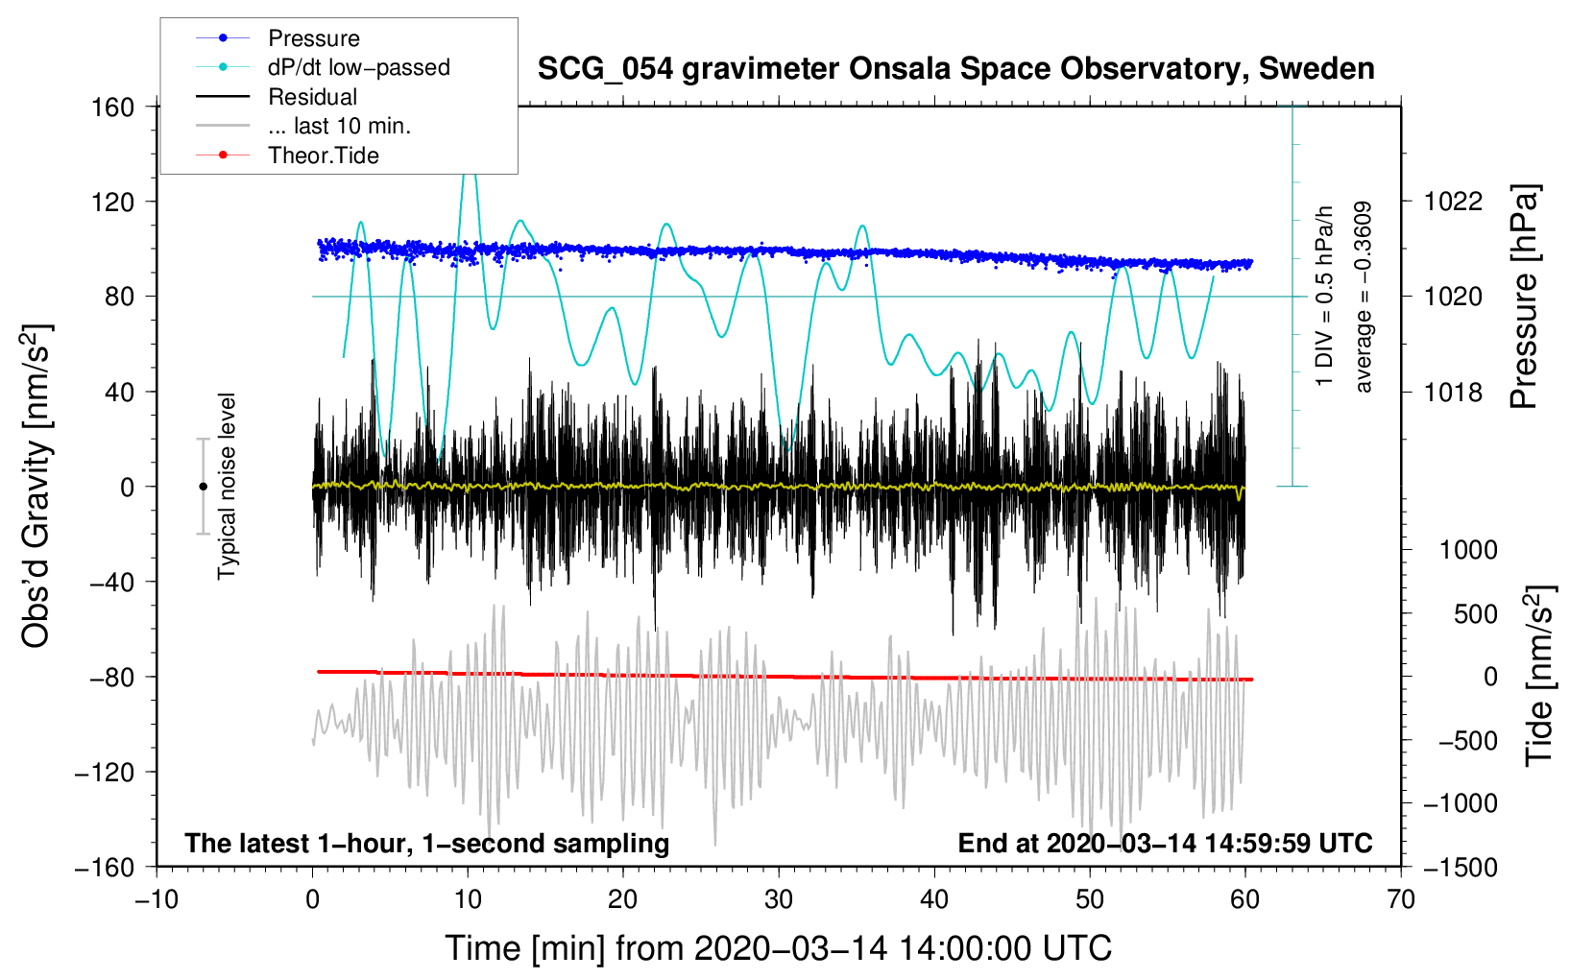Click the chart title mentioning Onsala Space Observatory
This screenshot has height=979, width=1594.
coord(955,69)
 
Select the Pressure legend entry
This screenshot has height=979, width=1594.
coord(313,38)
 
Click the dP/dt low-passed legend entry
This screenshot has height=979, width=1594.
coord(358,67)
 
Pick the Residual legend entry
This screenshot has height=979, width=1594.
coord(312,97)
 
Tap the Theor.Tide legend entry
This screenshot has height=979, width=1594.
coord(323,155)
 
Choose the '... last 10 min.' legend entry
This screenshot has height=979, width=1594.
coord(339,126)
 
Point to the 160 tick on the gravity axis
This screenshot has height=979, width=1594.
coord(113,107)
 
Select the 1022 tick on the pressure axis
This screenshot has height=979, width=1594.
coord(1453,202)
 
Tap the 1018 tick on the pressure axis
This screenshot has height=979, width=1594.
coord(1453,392)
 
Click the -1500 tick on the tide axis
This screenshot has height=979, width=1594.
coord(1460,867)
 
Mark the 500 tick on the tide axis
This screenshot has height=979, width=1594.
coord(1475,613)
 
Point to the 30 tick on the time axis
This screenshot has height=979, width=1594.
coord(779,899)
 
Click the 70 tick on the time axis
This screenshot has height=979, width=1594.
coord(1401,899)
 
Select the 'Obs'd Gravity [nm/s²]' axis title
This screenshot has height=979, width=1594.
coord(36,486)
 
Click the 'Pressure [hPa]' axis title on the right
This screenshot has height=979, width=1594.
coord(1525,297)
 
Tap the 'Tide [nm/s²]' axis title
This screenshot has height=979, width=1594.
coord(1540,676)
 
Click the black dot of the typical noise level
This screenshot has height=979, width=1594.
coord(203,487)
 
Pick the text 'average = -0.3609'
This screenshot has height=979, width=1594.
coord(1363,297)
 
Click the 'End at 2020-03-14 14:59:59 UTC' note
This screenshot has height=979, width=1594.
coord(1165,843)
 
